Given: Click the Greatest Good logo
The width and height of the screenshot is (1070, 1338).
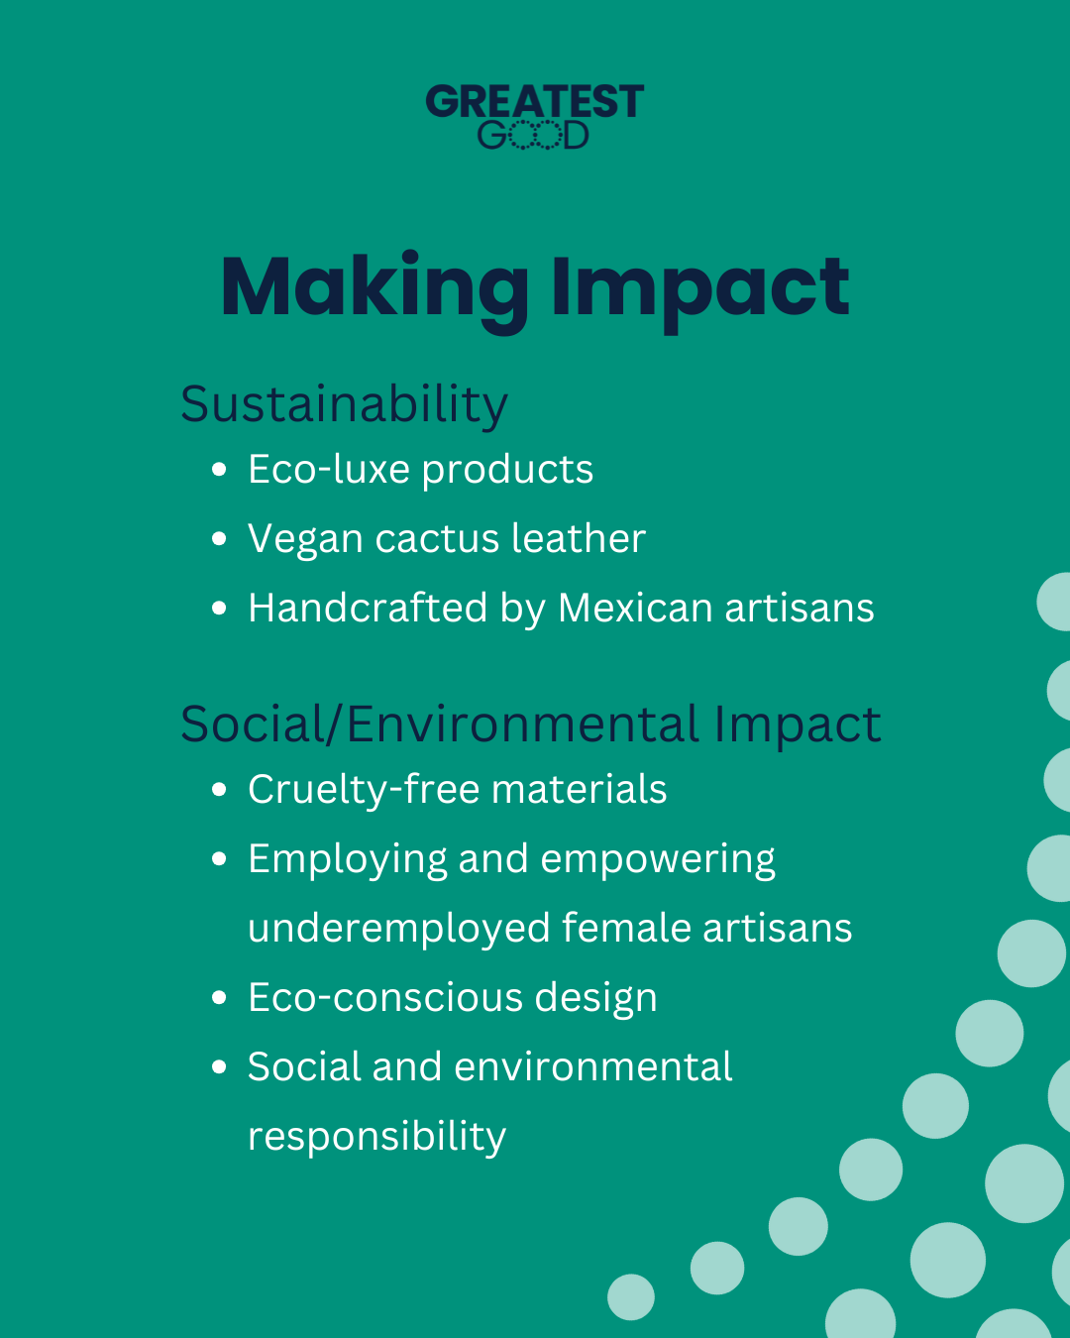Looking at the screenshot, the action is (535, 117).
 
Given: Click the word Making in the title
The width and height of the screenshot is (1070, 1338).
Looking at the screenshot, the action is (374, 291).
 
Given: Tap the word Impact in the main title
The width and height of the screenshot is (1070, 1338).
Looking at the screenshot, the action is (700, 292).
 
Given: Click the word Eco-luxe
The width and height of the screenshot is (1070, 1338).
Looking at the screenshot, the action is (329, 469).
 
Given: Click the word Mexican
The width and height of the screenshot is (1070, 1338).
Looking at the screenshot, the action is (635, 608).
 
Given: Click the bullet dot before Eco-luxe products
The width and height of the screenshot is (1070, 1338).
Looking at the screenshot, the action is (219, 470).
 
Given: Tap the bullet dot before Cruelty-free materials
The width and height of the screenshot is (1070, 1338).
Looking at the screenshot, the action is (219, 790).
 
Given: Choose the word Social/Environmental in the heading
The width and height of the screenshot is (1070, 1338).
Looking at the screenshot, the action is (440, 725).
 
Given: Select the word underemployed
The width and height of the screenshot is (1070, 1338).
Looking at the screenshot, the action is (399, 930).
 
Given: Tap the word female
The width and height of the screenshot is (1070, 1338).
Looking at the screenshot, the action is (627, 928).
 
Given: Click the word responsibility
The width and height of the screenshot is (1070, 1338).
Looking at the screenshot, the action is (376, 1137).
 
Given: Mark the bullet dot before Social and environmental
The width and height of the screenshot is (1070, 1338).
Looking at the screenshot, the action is (219, 1067).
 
